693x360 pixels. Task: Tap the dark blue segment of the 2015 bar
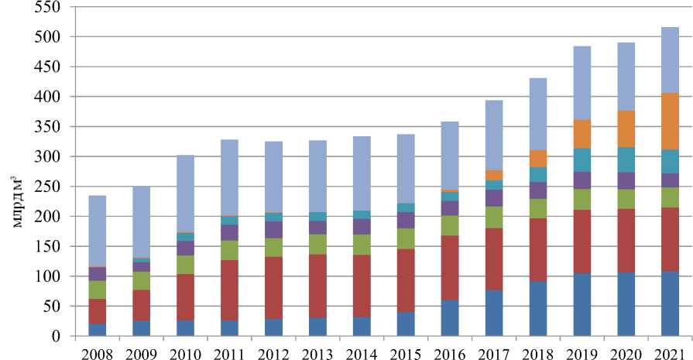(406, 324)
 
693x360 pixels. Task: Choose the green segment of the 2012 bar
(273, 248)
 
